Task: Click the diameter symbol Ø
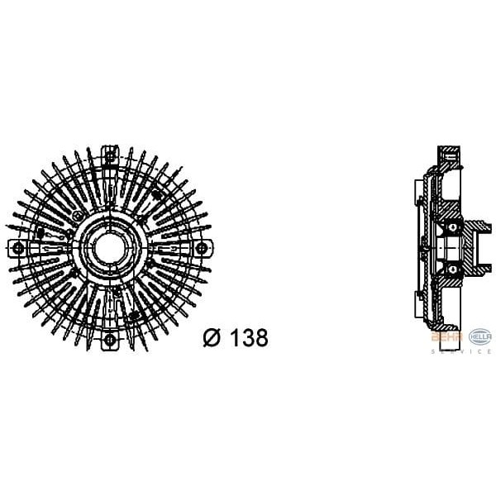[x=212, y=338]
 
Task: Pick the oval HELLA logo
[x=479, y=336]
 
